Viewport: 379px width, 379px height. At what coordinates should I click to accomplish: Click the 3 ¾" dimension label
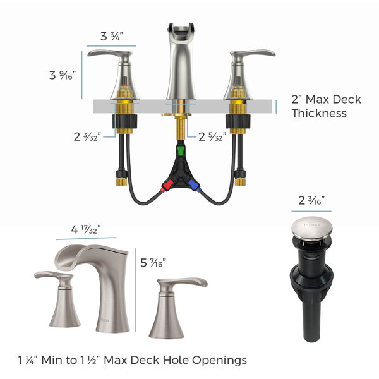click(x=112, y=37)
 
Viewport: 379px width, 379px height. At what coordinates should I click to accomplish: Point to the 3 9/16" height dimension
click(x=63, y=75)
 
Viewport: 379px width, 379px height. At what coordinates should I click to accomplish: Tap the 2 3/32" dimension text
click(x=87, y=137)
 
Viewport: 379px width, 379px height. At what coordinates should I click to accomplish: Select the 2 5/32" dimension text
click(x=212, y=137)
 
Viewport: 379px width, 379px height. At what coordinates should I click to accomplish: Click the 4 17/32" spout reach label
click(x=86, y=229)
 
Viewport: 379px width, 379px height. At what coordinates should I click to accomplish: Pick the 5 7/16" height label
click(x=153, y=263)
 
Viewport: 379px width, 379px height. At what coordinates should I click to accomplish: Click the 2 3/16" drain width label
click(x=311, y=201)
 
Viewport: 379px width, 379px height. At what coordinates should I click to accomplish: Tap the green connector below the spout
click(x=181, y=150)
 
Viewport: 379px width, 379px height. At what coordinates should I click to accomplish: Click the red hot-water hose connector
click(x=167, y=185)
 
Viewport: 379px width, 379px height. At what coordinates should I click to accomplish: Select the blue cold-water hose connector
click(x=194, y=185)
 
